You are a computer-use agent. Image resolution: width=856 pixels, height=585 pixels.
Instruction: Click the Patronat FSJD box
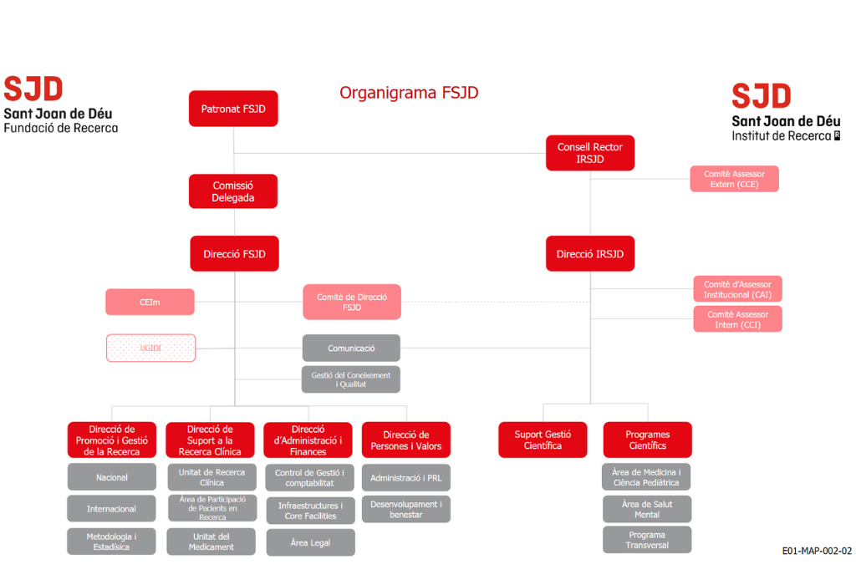tap(233, 109)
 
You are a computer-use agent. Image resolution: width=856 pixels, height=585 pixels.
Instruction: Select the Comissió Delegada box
tap(233, 191)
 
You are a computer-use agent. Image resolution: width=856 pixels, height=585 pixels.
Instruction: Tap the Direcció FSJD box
tap(234, 254)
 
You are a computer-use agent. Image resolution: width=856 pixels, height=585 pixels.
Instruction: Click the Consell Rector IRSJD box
tap(590, 153)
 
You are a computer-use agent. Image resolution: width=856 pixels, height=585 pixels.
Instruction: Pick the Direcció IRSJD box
tap(590, 254)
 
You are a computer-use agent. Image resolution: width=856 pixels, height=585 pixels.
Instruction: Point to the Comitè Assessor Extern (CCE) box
tap(734, 179)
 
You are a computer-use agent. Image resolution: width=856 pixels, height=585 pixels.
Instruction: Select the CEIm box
tap(150, 302)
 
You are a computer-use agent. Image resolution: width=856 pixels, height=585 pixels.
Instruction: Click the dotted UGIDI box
tap(150, 348)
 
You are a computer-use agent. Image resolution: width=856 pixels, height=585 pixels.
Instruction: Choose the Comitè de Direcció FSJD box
tap(352, 302)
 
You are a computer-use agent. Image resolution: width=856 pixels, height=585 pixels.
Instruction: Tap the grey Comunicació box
tap(351, 348)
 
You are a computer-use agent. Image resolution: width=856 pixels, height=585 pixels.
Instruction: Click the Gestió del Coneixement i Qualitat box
tap(351, 379)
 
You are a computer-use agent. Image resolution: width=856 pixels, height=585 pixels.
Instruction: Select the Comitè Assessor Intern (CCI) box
tap(737, 319)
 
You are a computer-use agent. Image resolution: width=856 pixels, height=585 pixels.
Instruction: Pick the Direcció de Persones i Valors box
tap(406, 440)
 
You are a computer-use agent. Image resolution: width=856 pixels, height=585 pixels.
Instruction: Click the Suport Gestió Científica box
tap(543, 440)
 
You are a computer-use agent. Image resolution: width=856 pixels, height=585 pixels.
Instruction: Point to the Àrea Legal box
tap(310, 542)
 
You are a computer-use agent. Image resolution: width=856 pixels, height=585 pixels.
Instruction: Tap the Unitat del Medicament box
tap(211, 542)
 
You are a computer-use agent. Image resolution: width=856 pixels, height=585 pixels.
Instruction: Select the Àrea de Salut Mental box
tap(647, 509)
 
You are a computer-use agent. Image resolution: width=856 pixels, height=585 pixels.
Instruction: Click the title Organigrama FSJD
tap(409, 93)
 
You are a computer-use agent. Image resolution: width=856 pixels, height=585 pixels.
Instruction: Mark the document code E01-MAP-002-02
tap(816, 551)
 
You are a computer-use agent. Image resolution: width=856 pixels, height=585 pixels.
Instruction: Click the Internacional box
tap(111, 509)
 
